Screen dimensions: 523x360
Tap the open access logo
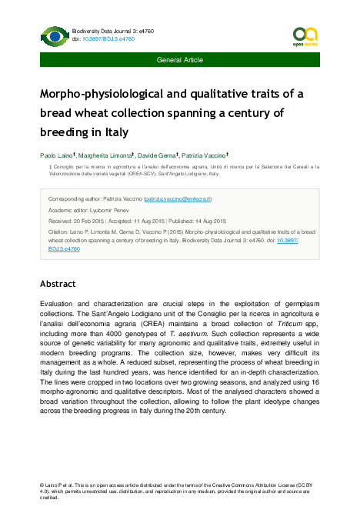pos(305,35)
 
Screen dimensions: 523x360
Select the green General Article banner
pos(180,59)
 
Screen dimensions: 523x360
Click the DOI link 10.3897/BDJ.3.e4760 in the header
pos(98,38)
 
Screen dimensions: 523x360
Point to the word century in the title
pos(259,113)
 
